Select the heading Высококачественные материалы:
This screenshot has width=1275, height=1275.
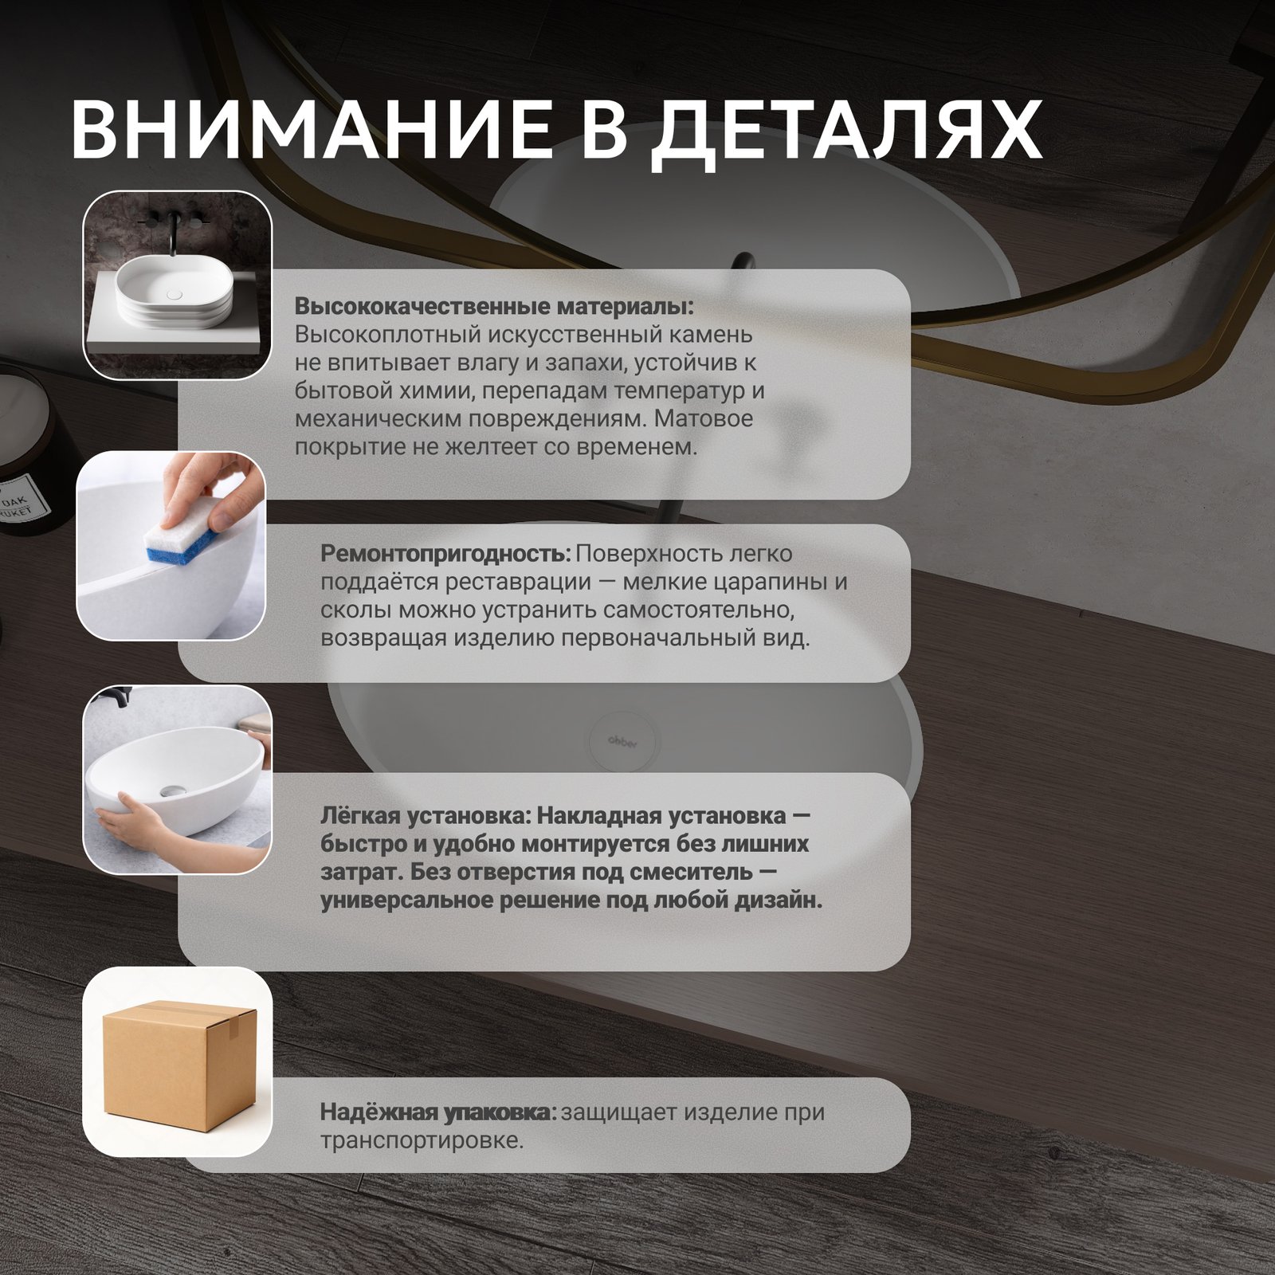pos(494,307)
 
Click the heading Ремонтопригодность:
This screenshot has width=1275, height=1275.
pos(445,553)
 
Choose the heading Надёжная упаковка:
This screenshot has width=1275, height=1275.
pos(438,1112)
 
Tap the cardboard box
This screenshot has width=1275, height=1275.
pos(178,1061)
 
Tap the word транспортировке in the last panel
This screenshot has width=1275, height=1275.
pos(422,1140)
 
